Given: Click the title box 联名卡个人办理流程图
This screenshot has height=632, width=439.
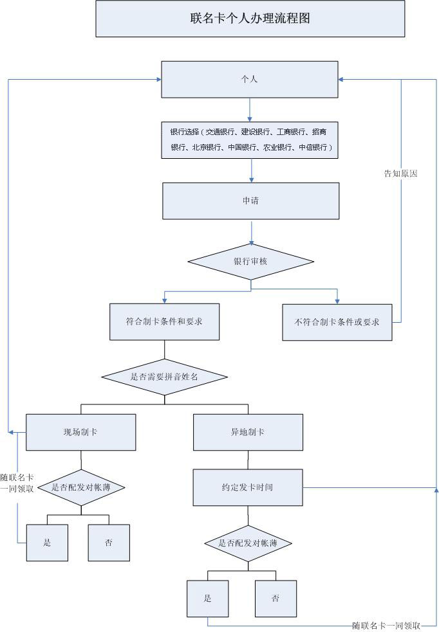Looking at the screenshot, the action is coord(250,19).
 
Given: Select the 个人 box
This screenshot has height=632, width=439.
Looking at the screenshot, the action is coord(250,80).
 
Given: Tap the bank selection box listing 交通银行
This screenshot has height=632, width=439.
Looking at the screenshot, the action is coord(250,140).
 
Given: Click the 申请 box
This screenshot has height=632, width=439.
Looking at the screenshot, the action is coord(250,201).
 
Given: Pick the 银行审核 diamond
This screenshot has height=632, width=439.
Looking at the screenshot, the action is coord(250,262).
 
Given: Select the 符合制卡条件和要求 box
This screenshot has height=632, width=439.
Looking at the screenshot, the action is coord(164,321).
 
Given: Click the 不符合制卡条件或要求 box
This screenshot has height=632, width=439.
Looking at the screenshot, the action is coord(337,322).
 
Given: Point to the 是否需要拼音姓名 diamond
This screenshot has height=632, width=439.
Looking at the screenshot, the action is coord(164,377).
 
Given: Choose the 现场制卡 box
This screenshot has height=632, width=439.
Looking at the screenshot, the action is coord(80,432).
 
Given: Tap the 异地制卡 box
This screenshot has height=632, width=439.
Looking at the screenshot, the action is coord(248,432).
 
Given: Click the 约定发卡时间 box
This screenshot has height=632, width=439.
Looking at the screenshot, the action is coord(248,487).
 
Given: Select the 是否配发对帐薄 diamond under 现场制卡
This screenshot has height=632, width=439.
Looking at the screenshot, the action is coord(81,487).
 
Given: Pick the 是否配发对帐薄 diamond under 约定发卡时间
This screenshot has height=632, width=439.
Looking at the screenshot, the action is coord(248,543).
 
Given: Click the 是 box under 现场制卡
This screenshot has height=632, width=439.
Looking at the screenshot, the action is coord(47,543).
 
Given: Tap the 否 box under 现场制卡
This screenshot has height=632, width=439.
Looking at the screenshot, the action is coord(109,543).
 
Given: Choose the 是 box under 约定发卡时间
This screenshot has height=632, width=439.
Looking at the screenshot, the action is coord(208,599).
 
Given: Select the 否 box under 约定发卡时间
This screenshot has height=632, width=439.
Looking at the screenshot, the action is coord(276,599).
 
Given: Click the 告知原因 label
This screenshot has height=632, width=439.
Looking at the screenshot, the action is coord(400,174).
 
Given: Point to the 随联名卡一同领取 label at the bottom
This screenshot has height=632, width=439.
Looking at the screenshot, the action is coord(386,626).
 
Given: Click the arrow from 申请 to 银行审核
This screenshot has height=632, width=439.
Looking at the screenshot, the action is coord(252,232).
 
